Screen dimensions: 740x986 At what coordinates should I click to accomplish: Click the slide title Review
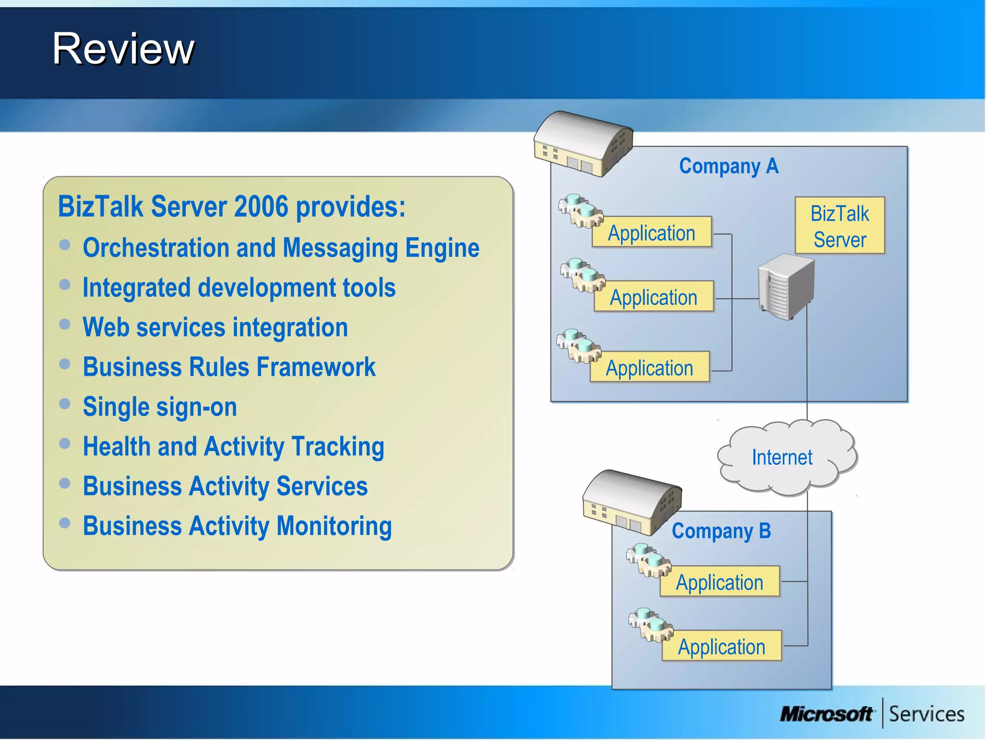point(123,49)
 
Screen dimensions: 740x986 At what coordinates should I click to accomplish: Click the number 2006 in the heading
point(261,207)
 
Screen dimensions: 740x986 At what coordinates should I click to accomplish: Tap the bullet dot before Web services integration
point(65,324)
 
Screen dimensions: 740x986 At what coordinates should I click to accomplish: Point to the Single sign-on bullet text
point(160,407)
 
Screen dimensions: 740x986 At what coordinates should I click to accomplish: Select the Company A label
point(728,166)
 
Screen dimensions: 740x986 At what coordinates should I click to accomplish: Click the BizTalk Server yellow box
point(840,226)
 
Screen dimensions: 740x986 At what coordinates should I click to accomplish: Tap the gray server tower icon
point(786,287)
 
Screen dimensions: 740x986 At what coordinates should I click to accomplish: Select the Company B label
point(721,531)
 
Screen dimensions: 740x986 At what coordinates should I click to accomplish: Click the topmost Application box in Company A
point(651,233)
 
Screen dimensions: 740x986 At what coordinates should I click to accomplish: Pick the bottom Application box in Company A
point(649,368)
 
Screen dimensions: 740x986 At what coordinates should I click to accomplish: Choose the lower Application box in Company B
point(721,646)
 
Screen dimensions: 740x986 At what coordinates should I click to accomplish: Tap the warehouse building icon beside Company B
point(632,502)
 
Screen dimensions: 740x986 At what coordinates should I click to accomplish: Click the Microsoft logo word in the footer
point(826,714)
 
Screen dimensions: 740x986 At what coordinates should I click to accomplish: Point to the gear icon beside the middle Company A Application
point(582,275)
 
